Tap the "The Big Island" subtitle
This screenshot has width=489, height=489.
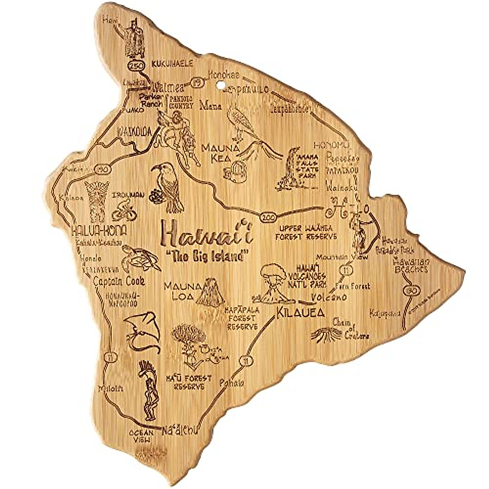pos(208,256)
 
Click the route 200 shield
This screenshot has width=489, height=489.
pos(267,216)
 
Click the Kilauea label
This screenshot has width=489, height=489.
pos(300,313)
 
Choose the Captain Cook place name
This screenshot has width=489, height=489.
pos(119,281)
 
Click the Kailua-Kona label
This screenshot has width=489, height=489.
pos(99,231)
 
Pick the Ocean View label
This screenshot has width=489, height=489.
pos(141,436)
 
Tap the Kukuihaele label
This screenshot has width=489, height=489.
pos(172,64)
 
